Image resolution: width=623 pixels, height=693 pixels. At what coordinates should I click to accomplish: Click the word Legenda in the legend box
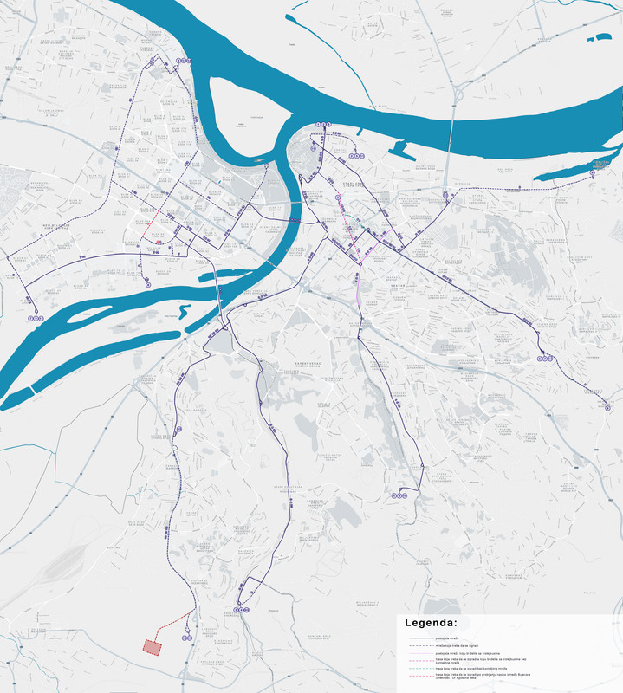pyautogui.click(x=431, y=623)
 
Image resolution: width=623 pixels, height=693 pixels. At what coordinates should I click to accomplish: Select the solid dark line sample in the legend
pyautogui.click(x=419, y=638)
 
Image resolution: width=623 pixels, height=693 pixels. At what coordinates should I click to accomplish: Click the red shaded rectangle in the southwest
pyautogui.click(x=152, y=646)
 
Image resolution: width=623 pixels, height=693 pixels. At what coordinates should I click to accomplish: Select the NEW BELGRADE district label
pyautogui.click(x=58, y=227)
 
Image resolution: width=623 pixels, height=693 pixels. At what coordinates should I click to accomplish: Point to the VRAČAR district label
pyautogui.click(x=373, y=283)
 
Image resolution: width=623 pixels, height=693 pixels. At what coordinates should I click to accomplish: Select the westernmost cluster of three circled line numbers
pyautogui.click(x=36, y=318)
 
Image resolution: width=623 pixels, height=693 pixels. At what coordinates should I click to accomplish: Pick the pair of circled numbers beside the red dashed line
pyautogui.click(x=186, y=637)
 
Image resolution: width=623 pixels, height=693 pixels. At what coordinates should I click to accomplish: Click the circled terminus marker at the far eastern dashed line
pyautogui.click(x=593, y=173)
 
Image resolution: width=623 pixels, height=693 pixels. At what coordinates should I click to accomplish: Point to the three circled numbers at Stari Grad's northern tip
pyautogui.click(x=323, y=125)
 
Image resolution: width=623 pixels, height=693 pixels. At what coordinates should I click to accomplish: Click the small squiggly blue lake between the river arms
pyautogui.click(x=183, y=310)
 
